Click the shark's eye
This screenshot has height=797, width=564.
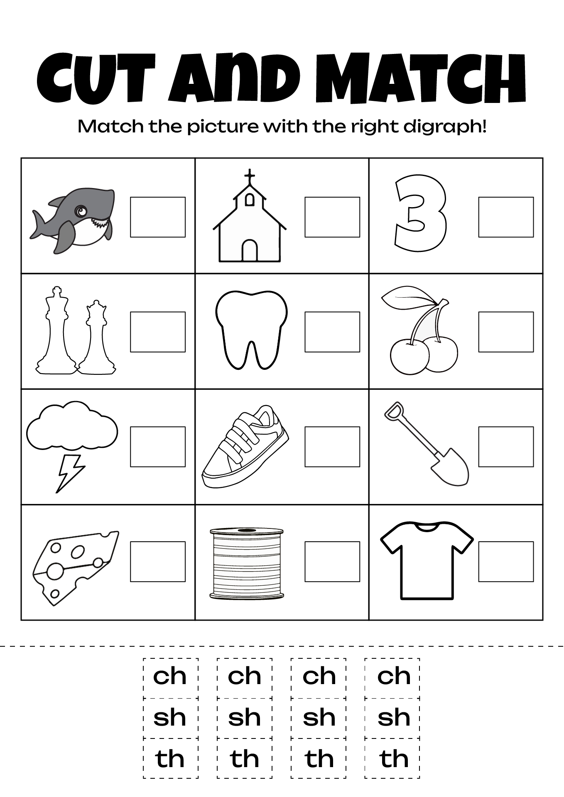80,212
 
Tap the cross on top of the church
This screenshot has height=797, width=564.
249,176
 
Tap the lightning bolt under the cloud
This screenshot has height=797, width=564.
71,473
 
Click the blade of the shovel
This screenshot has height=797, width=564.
451,469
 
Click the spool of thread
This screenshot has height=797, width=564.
247,563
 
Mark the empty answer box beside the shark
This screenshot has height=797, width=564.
158,217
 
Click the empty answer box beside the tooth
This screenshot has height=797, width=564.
332,332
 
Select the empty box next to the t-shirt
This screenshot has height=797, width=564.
506,561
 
